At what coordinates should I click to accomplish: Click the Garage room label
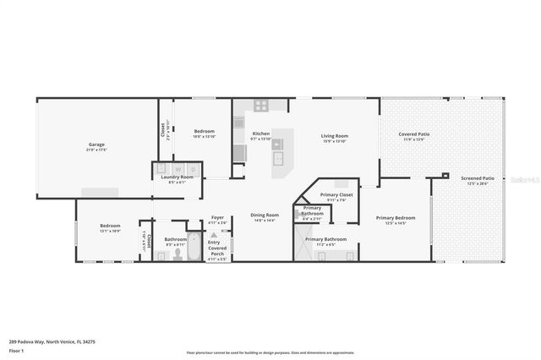(97, 145)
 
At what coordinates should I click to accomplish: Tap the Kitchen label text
(261, 134)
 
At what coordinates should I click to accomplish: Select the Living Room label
(335, 135)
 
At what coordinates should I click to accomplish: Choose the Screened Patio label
(478, 178)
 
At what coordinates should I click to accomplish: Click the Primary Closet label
(336, 194)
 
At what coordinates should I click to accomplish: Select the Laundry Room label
(177, 177)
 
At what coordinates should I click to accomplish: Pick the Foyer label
(217, 217)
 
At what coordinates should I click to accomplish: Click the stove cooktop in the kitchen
(261, 106)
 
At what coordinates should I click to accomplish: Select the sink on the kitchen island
(279, 156)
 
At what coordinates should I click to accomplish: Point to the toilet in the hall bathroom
(178, 254)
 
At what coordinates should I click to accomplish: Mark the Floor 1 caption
(15, 350)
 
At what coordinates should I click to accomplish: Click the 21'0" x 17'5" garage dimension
(97, 150)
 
